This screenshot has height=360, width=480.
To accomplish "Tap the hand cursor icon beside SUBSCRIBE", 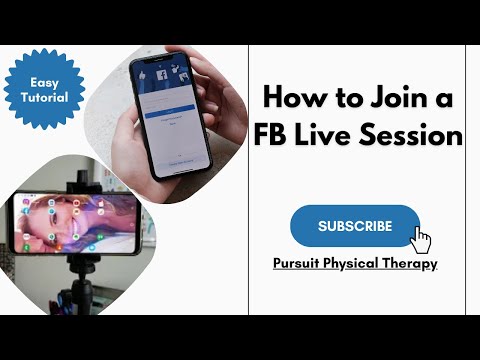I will tap(422, 241).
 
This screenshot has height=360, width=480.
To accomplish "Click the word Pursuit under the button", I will tap(296, 264).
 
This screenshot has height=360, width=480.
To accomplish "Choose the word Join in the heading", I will tap(395, 98).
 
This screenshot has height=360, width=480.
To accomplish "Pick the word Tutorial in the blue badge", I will tap(44, 98).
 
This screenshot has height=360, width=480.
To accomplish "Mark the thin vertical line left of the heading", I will tap(247, 180).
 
